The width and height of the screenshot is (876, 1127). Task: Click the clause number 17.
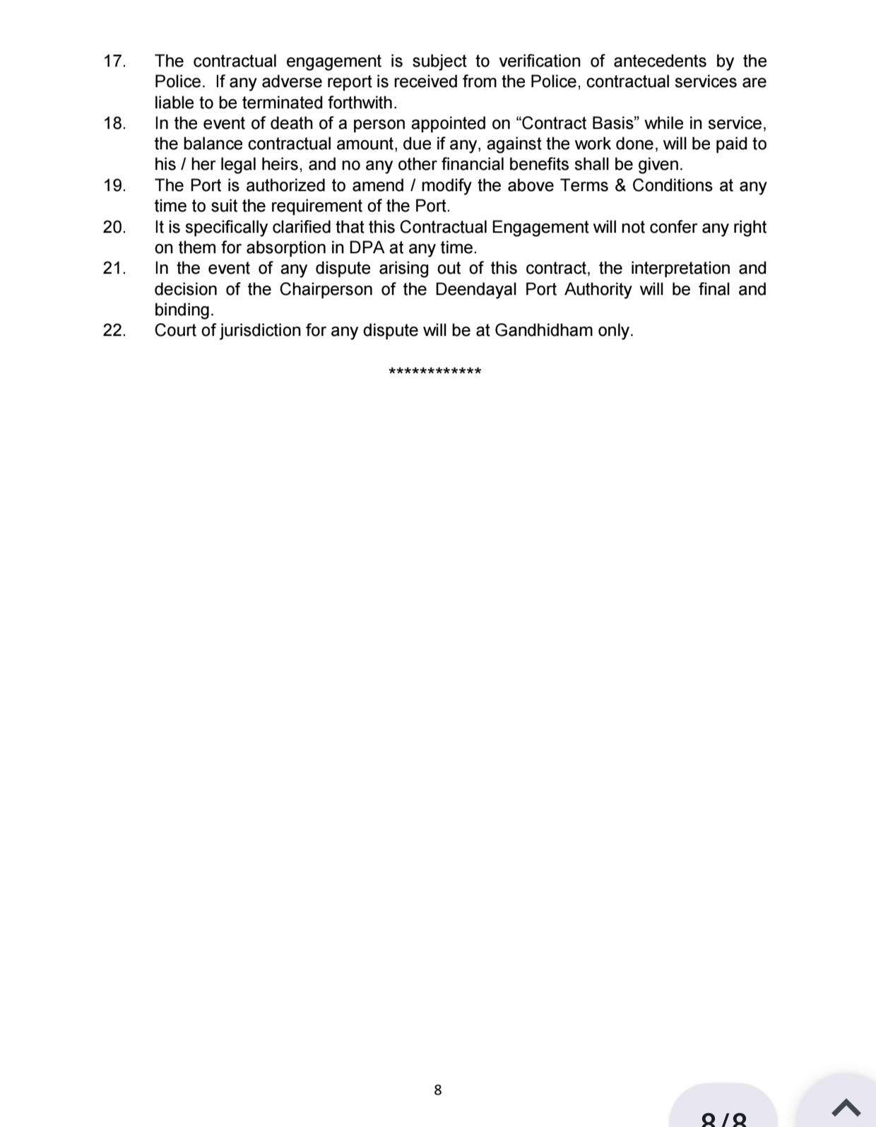pyautogui.click(x=114, y=61)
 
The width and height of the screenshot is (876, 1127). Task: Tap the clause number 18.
pyautogui.click(x=114, y=124)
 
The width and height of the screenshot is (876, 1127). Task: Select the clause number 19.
pyautogui.click(x=114, y=186)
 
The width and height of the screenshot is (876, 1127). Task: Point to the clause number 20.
pyautogui.click(x=114, y=228)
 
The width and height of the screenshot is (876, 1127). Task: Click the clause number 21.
pyautogui.click(x=114, y=269)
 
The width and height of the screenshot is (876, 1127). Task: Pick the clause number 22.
pyautogui.click(x=114, y=331)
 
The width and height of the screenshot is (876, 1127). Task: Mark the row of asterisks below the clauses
pyautogui.click(x=435, y=372)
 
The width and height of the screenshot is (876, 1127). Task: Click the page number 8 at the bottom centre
pyautogui.click(x=438, y=1090)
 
